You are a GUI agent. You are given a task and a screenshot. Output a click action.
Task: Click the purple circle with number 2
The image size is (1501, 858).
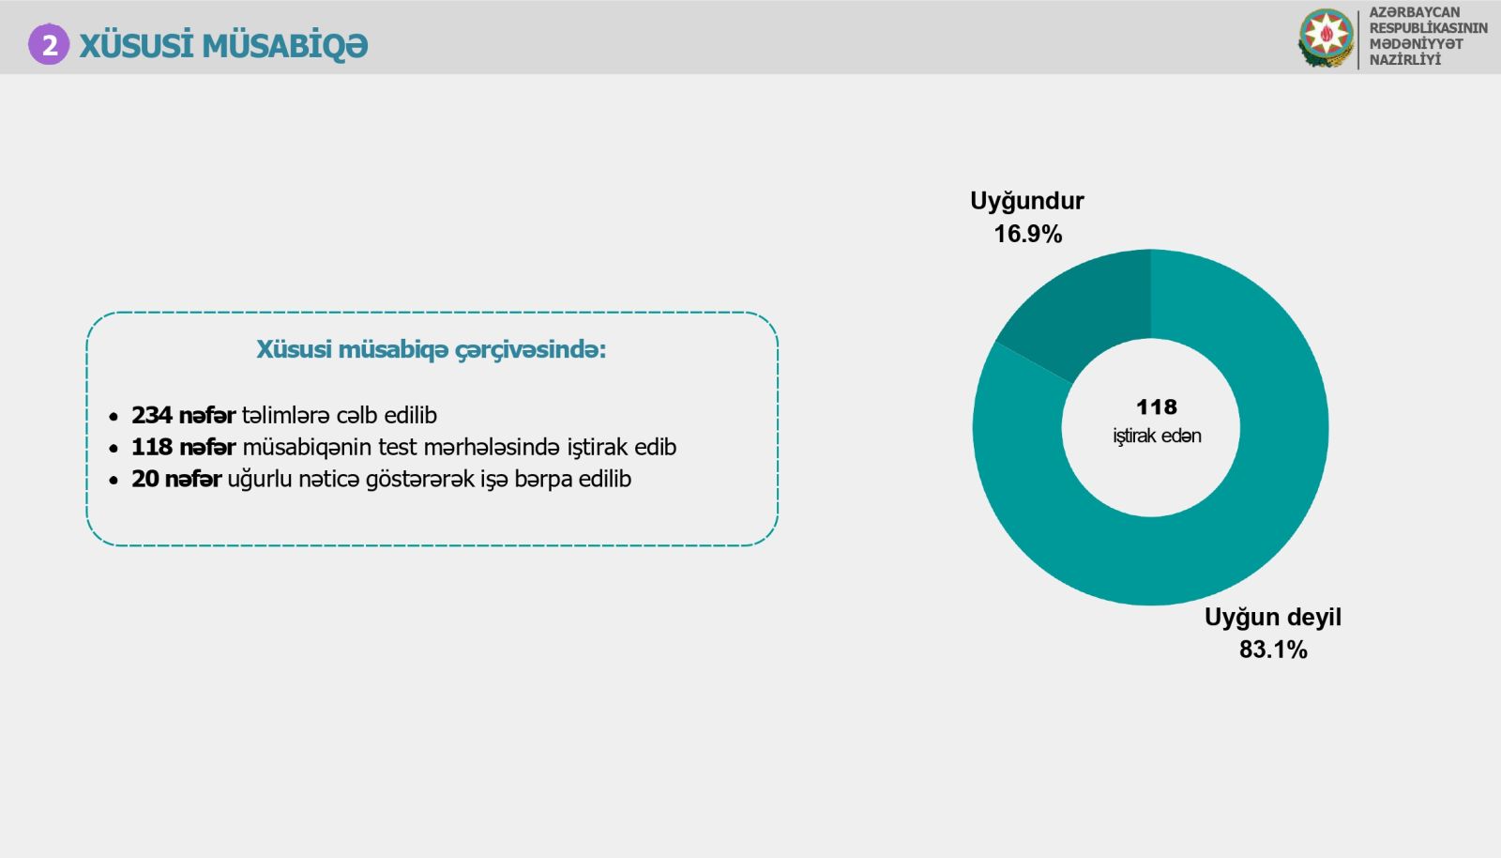[x=49, y=45]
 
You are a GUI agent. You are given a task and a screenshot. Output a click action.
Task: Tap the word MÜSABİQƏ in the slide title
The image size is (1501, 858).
[x=285, y=46]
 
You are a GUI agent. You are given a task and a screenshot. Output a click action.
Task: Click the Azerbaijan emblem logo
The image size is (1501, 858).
[x=1326, y=38]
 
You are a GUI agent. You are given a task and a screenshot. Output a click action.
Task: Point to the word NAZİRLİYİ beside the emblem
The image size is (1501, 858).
[x=1404, y=60]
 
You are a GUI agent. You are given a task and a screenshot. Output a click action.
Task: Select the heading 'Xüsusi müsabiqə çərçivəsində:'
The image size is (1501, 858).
[x=431, y=350]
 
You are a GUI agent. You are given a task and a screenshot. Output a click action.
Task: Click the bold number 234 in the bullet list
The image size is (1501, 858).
[x=152, y=416]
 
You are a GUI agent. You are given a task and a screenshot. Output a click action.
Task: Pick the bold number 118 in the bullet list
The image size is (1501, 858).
[x=152, y=447]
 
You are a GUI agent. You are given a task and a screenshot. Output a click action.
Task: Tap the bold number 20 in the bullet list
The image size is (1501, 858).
[x=145, y=480]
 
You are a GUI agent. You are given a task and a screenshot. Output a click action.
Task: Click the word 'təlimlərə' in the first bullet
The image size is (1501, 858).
[x=285, y=416]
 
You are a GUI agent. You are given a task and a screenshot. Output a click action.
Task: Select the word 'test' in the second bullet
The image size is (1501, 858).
[x=398, y=447]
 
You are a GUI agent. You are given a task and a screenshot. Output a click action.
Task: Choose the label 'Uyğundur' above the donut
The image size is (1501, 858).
[x=1026, y=201]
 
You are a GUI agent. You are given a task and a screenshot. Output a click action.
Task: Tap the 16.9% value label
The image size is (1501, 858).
[x=1028, y=234]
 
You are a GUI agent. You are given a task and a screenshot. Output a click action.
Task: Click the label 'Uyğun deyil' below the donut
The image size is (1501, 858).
[x=1272, y=618]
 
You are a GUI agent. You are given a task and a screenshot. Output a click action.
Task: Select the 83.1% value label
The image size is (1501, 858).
[x=1273, y=650]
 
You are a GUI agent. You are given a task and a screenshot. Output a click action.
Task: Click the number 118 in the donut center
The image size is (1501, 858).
[x=1157, y=406]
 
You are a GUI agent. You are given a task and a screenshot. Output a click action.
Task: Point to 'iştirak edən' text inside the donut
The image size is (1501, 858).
[x=1158, y=436]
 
